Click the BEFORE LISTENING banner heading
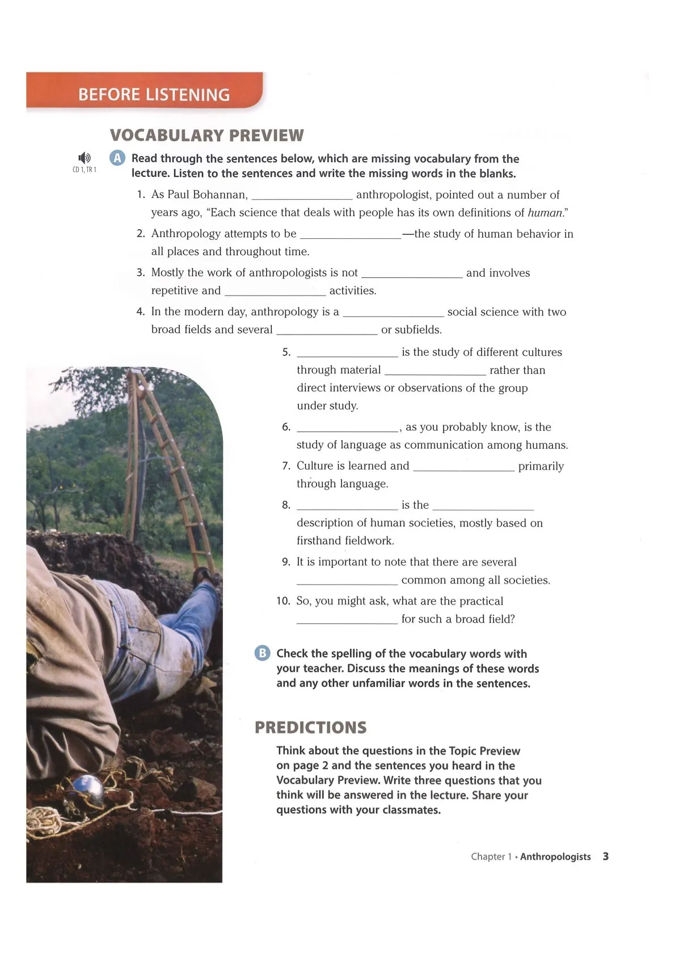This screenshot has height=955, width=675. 154,94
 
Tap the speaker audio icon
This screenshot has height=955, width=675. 85,158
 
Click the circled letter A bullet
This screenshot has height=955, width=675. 117,158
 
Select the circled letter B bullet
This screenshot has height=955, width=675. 262,653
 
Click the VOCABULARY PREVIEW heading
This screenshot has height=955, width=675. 207,136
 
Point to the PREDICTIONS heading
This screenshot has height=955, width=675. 310,728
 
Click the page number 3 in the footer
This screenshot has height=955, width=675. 606,856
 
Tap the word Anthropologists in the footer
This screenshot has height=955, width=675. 555,856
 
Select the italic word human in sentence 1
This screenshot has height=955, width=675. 545,213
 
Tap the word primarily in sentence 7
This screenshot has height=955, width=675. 541,466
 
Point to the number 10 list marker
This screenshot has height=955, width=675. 283,601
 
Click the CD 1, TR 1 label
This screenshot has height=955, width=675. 85,170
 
